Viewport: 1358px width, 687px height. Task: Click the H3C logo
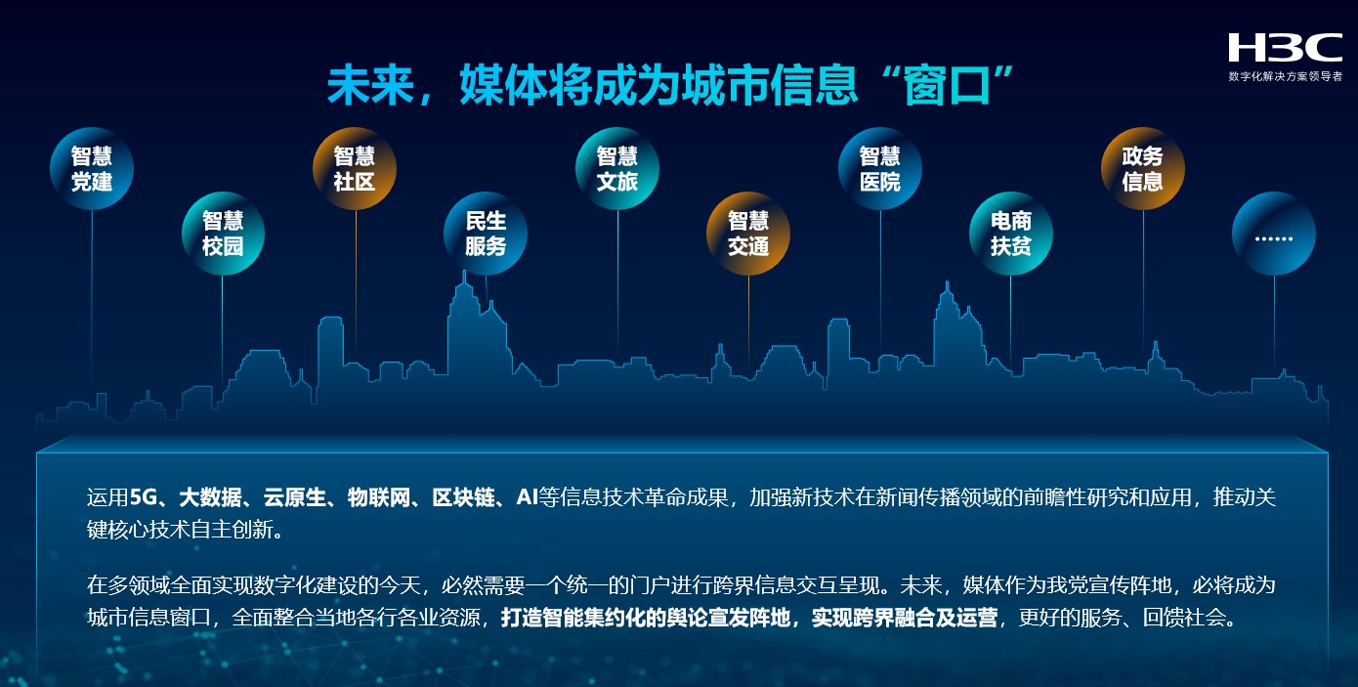1285,47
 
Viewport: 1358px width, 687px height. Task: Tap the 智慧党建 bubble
92,168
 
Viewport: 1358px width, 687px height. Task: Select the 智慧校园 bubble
223,233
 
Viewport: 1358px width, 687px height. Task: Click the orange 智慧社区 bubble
355,168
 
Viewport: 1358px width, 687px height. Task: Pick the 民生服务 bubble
486,233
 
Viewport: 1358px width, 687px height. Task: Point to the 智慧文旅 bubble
617,168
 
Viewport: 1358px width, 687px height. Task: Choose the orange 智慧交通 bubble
748,233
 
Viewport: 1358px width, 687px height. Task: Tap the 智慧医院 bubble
880,168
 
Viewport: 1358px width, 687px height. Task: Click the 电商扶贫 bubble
1011,233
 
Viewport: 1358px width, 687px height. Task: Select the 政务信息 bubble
1143,168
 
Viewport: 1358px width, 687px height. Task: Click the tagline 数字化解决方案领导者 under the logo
1285,76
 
